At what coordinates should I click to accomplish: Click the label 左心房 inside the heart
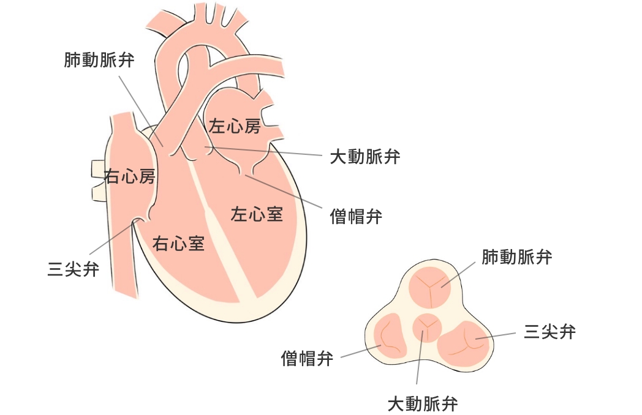(x=235, y=127)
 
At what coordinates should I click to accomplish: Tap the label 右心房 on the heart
(x=129, y=177)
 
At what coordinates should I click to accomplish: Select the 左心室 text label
(x=257, y=214)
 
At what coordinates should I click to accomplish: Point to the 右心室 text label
(x=178, y=244)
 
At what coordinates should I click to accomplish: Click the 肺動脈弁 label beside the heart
(x=99, y=60)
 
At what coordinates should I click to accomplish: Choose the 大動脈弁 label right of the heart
(x=365, y=157)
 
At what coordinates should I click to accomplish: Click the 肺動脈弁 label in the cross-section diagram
(x=517, y=256)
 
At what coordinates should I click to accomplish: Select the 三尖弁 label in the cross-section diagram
(x=550, y=332)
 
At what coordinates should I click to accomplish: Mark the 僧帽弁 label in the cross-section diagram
(x=307, y=358)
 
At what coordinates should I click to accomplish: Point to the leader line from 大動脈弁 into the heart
(x=263, y=151)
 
